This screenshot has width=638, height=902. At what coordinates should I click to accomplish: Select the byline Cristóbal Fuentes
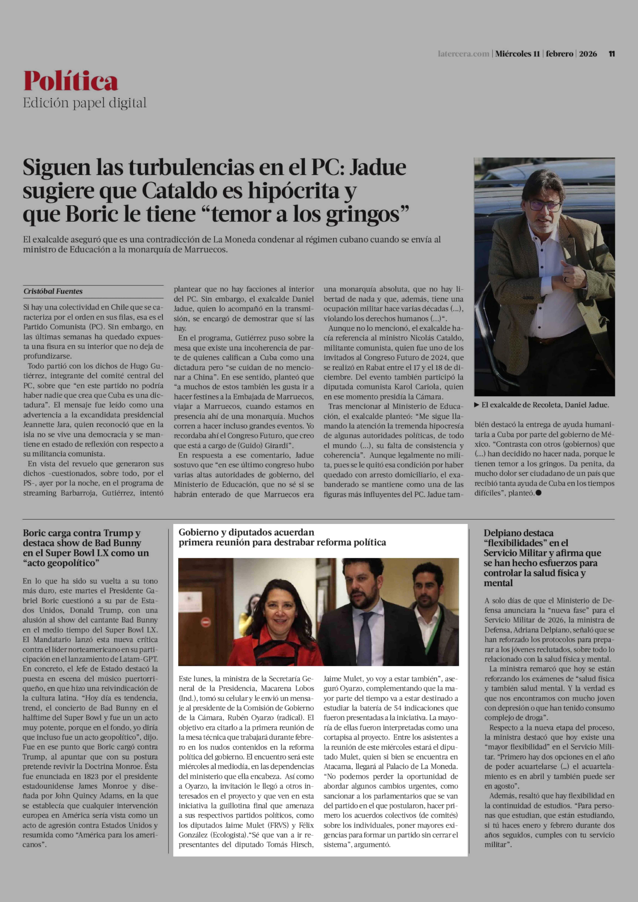[x=53, y=291]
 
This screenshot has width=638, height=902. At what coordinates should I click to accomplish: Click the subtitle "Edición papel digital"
[x=84, y=103]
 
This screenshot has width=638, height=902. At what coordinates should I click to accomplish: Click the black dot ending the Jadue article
[x=538, y=493]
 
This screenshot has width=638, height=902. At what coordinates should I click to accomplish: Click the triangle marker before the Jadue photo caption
[x=477, y=405]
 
